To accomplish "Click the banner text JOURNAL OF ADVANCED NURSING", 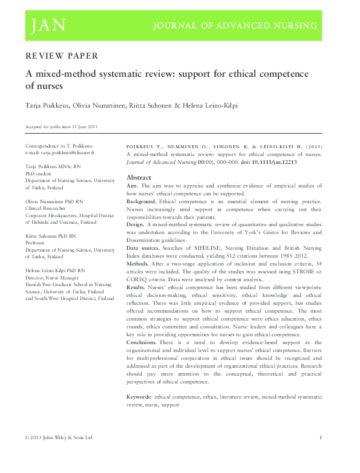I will pyautogui.click(x=235, y=25).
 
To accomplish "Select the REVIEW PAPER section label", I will pyautogui.click(x=61, y=56).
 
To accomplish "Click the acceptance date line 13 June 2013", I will pyautogui.click(x=61, y=127).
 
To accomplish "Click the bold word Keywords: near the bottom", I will pyautogui.click(x=139, y=396).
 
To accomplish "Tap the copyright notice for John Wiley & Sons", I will pyautogui.click(x=58, y=437).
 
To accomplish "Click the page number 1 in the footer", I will pyautogui.click(x=319, y=437).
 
